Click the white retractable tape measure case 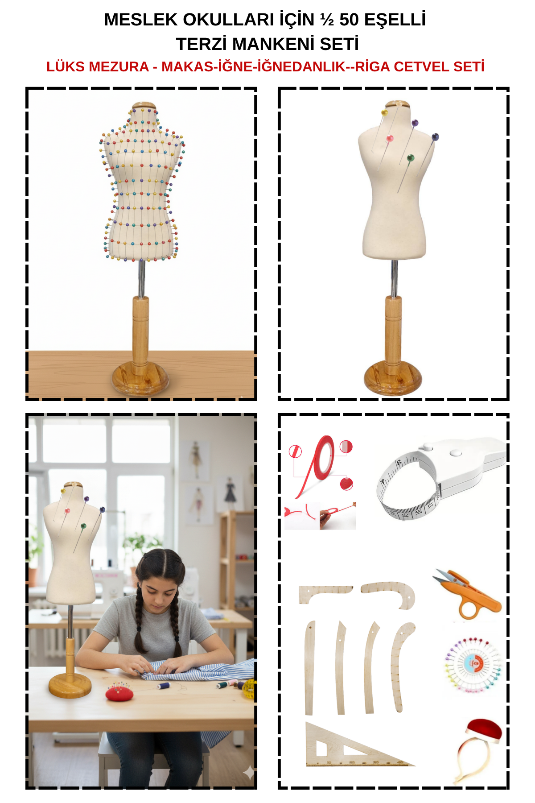click(464, 462)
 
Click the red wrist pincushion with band click(479, 750)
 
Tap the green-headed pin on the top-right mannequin click(410, 158)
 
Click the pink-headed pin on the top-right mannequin click(390, 138)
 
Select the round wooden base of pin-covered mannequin click(140, 378)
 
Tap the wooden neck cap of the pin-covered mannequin click(144, 106)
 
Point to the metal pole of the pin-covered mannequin click(142, 278)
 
